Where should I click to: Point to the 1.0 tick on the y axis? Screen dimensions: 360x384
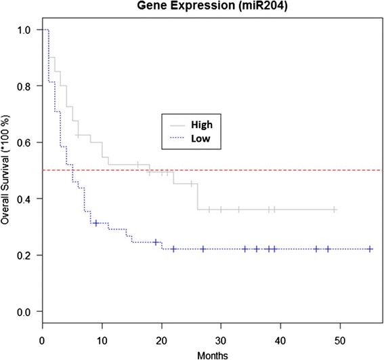coord(23,31)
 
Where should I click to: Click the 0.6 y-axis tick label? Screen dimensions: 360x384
coord(23,143)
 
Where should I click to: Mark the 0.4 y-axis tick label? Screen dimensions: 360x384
coord(23,199)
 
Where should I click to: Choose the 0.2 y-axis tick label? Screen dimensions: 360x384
coord(23,255)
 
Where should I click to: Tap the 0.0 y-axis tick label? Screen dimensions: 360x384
coord(23,311)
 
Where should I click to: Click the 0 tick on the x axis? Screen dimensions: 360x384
coord(42,338)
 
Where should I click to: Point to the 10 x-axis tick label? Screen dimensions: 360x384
coord(102,338)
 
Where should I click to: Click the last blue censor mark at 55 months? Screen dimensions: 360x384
coord(370,249)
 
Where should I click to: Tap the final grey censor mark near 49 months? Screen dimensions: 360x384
coord(334,210)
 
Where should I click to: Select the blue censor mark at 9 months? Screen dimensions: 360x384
coord(96,223)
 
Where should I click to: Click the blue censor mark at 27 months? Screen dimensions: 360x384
coord(203,249)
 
